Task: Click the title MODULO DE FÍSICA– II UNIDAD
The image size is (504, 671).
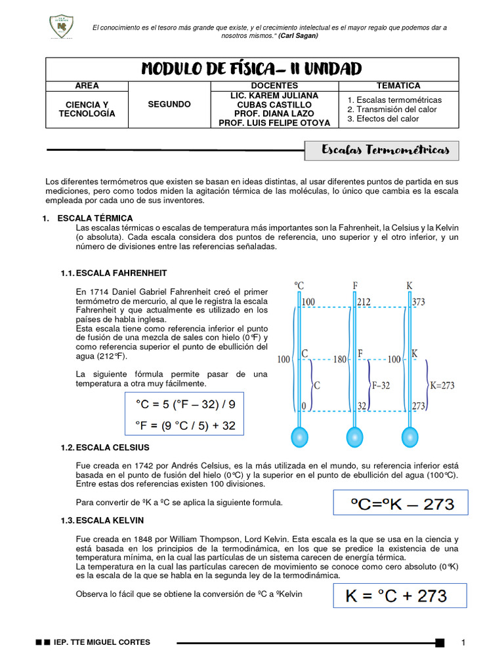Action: (251, 69)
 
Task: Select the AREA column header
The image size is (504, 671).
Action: (87, 86)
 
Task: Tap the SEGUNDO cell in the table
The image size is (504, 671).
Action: (169, 104)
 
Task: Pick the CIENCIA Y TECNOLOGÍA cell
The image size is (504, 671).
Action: (87, 109)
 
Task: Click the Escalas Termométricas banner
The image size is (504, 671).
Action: (385, 151)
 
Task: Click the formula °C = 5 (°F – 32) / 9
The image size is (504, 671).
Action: (184, 404)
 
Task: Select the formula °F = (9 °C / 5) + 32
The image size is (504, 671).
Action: (184, 426)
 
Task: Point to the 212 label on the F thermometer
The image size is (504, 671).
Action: (364, 302)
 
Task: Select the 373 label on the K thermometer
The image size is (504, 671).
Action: (419, 302)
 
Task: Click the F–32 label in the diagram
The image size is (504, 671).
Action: (380, 385)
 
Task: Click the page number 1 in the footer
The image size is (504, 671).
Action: (463, 642)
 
